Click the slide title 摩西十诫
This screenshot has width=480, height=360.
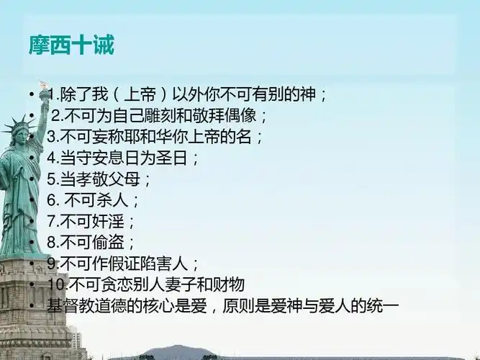71,46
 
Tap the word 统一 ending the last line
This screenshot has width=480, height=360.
383,305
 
